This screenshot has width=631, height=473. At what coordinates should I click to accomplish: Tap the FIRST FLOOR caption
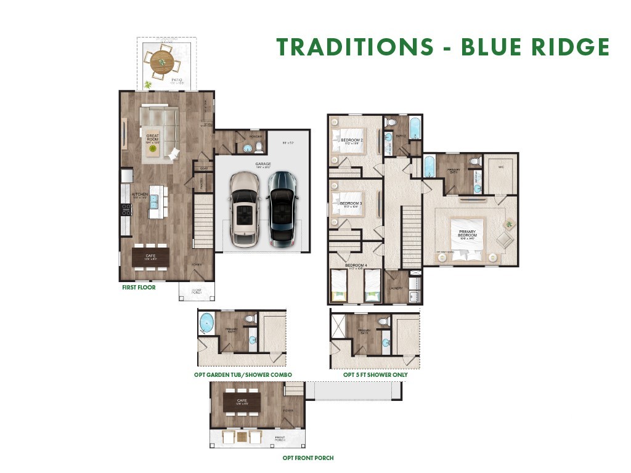tap(139, 287)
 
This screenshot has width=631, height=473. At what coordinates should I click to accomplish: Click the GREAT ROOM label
tap(152, 137)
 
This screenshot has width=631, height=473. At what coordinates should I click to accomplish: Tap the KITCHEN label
tap(140, 195)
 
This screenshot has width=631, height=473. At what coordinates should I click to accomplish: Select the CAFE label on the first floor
tap(150, 255)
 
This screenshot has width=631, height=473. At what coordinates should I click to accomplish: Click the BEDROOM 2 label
tap(351, 140)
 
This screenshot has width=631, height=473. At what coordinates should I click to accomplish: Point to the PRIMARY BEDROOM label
tap(467, 234)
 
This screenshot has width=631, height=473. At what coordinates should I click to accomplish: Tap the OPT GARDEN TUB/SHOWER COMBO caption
tap(242, 374)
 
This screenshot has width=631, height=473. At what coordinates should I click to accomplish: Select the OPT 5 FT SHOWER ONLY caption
tap(375, 374)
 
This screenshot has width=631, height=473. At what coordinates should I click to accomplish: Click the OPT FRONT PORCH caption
tap(308, 458)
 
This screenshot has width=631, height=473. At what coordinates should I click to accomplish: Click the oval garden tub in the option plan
tap(206, 322)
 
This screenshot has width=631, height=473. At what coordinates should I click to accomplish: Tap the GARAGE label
tap(263, 164)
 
